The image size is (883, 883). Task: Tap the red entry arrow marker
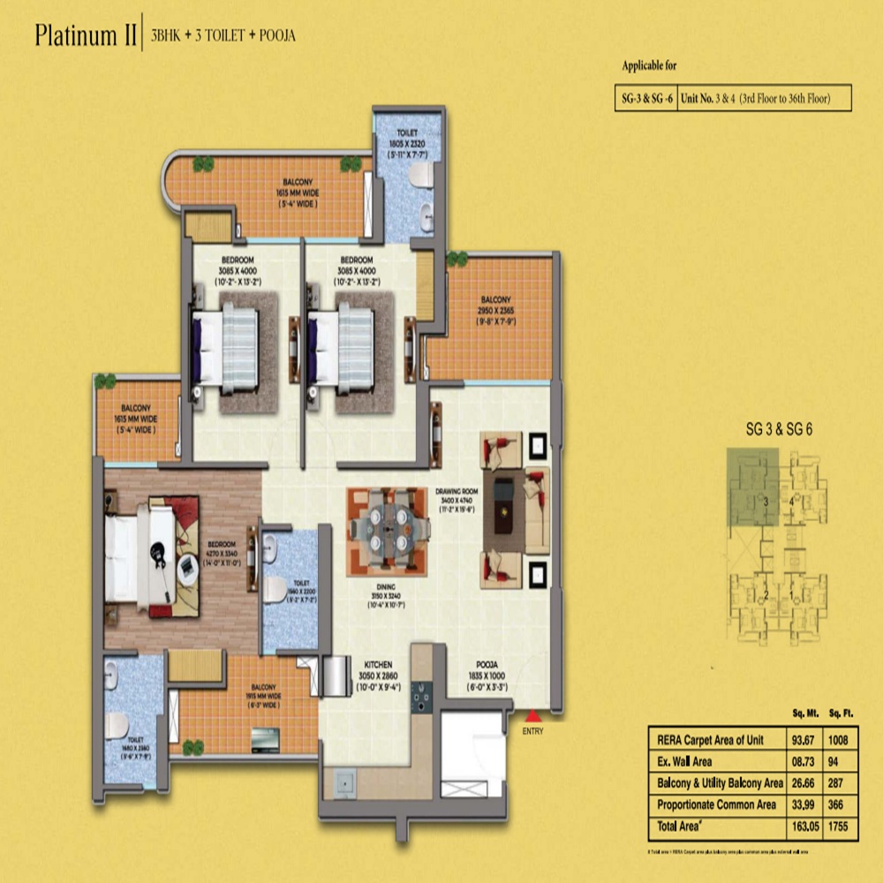[x=533, y=715]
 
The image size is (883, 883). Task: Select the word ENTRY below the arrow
[x=533, y=730]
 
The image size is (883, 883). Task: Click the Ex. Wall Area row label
[x=687, y=760]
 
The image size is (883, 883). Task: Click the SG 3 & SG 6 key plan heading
[x=779, y=430]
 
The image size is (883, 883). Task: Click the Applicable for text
[x=650, y=66]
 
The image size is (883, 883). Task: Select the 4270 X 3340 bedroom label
[x=222, y=553]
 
